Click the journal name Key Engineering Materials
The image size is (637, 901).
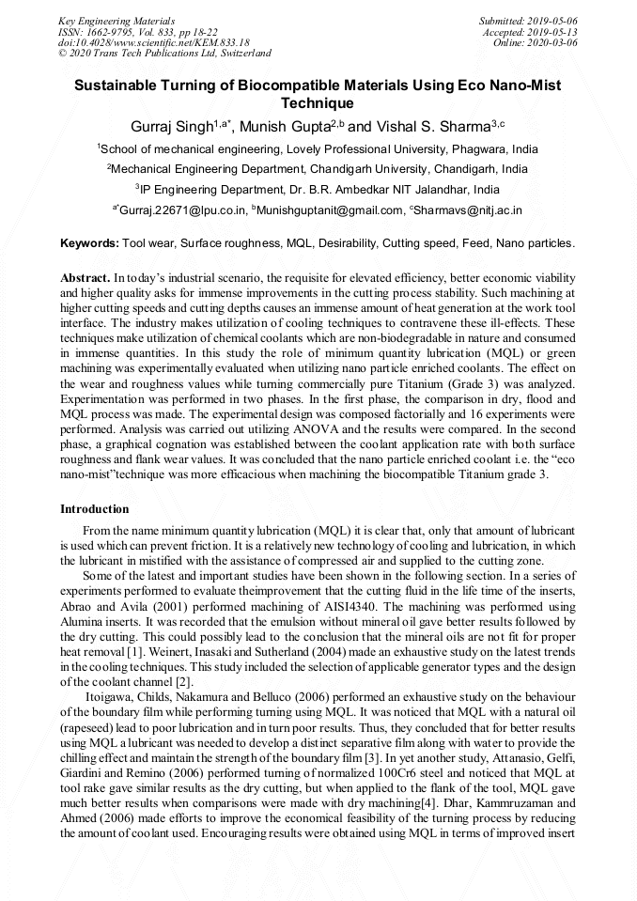(x=117, y=20)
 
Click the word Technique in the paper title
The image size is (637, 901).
(x=318, y=103)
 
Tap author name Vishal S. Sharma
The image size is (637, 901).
(x=427, y=126)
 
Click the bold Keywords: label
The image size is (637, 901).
(x=89, y=243)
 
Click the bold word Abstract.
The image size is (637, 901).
(x=85, y=279)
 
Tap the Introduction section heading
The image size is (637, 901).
(x=94, y=508)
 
